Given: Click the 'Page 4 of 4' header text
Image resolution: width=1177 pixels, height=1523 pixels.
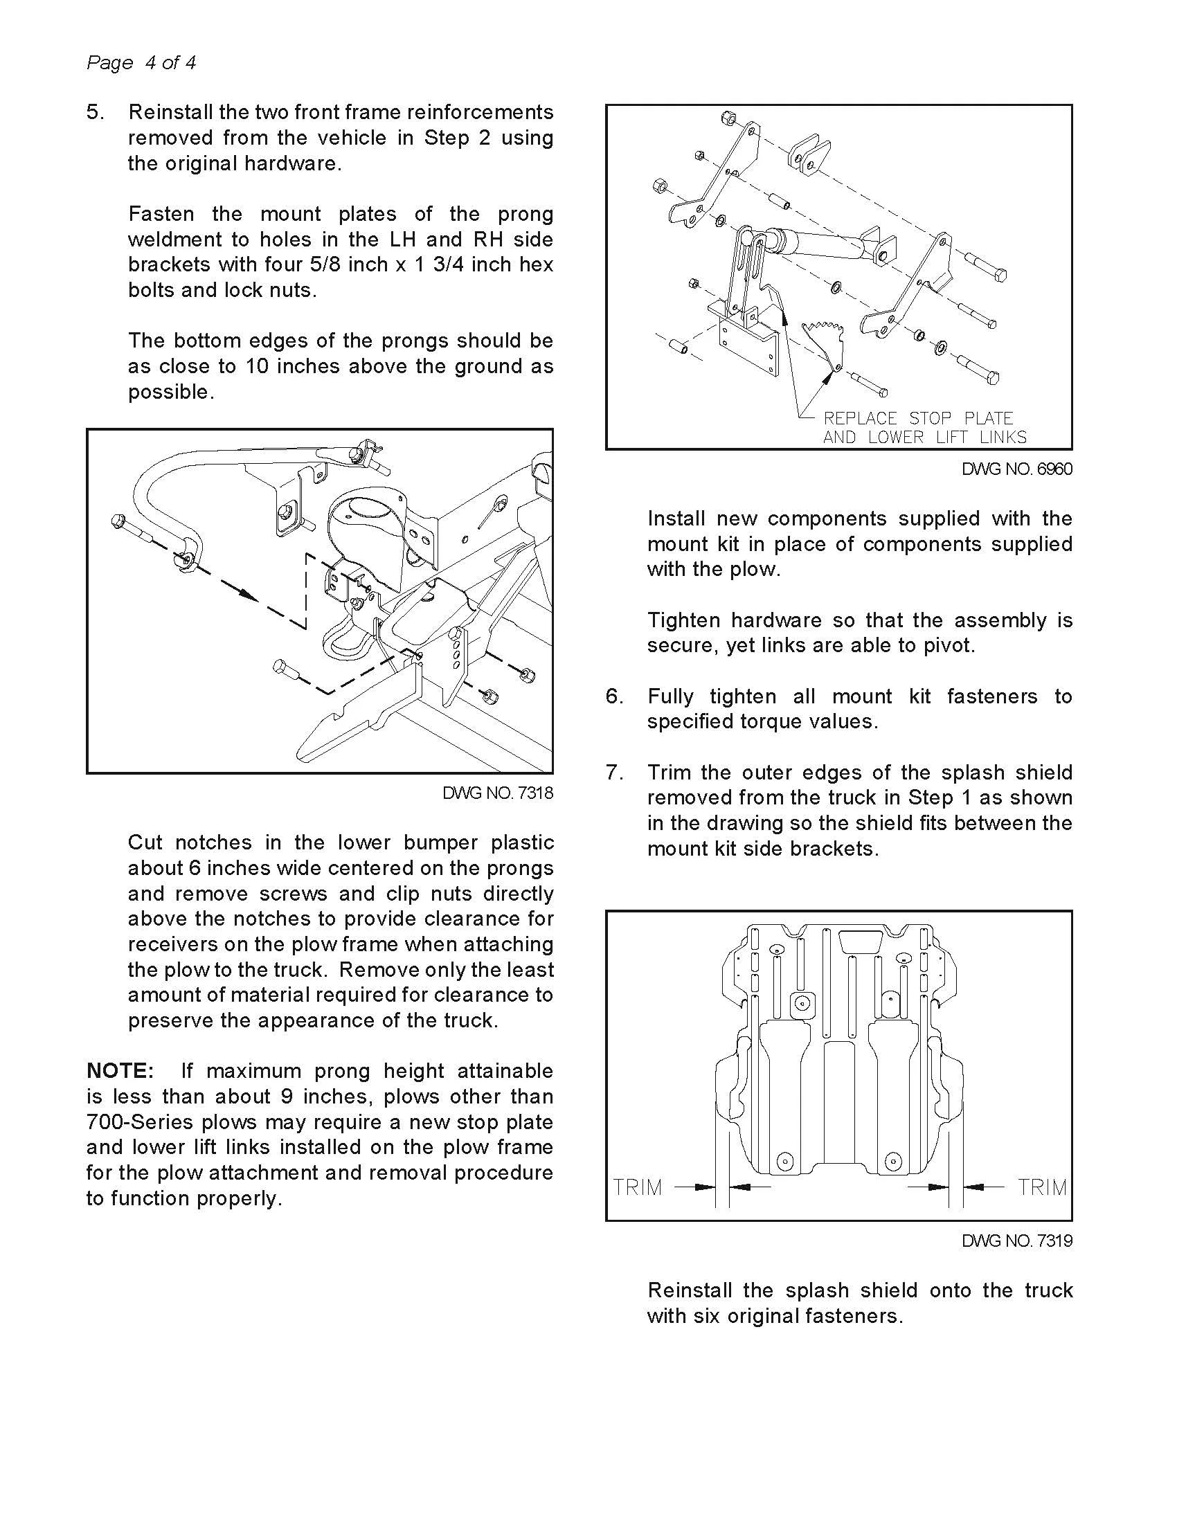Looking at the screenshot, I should pyautogui.click(x=141, y=63).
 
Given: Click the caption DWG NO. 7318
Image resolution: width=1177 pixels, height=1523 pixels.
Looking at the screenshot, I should pyautogui.click(x=497, y=793).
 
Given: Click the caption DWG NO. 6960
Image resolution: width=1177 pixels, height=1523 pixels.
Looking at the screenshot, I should pyautogui.click(x=1016, y=469).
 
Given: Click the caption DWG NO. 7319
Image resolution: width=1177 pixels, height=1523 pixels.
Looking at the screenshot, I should pyautogui.click(x=1016, y=1241).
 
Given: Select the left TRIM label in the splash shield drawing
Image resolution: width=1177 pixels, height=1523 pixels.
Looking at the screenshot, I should pyautogui.click(x=637, y=1187).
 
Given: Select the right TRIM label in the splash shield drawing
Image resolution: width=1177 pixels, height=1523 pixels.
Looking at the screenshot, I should pyautogui.click(x=1042, y=1187).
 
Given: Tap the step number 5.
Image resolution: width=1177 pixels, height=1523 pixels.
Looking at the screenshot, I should pyautogui.click(x=94, y=112).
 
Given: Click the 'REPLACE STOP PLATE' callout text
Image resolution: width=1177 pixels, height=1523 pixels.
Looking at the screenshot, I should pyautogui.click(x=917, y=418).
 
